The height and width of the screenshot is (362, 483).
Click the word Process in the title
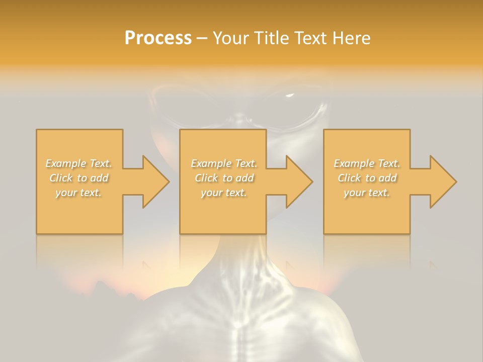(x=158, y=38)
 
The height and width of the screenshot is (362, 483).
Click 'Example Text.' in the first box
(x=79, y=163)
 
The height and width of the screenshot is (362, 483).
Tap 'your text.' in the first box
(x=79, y=193)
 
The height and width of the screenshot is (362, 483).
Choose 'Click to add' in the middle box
(x=223, y=178)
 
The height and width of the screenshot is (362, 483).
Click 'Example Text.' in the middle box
(x=223, y=163)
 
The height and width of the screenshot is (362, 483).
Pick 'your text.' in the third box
(x=367, y=193)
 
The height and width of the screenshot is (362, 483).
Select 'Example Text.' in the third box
(x=367, y=163)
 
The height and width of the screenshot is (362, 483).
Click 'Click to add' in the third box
(x=367, y=178)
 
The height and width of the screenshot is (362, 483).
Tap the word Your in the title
(x=232, y=38)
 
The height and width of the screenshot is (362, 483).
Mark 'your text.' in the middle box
(x=223, y=193)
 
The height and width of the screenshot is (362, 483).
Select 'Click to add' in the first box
(x=79, y=178)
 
